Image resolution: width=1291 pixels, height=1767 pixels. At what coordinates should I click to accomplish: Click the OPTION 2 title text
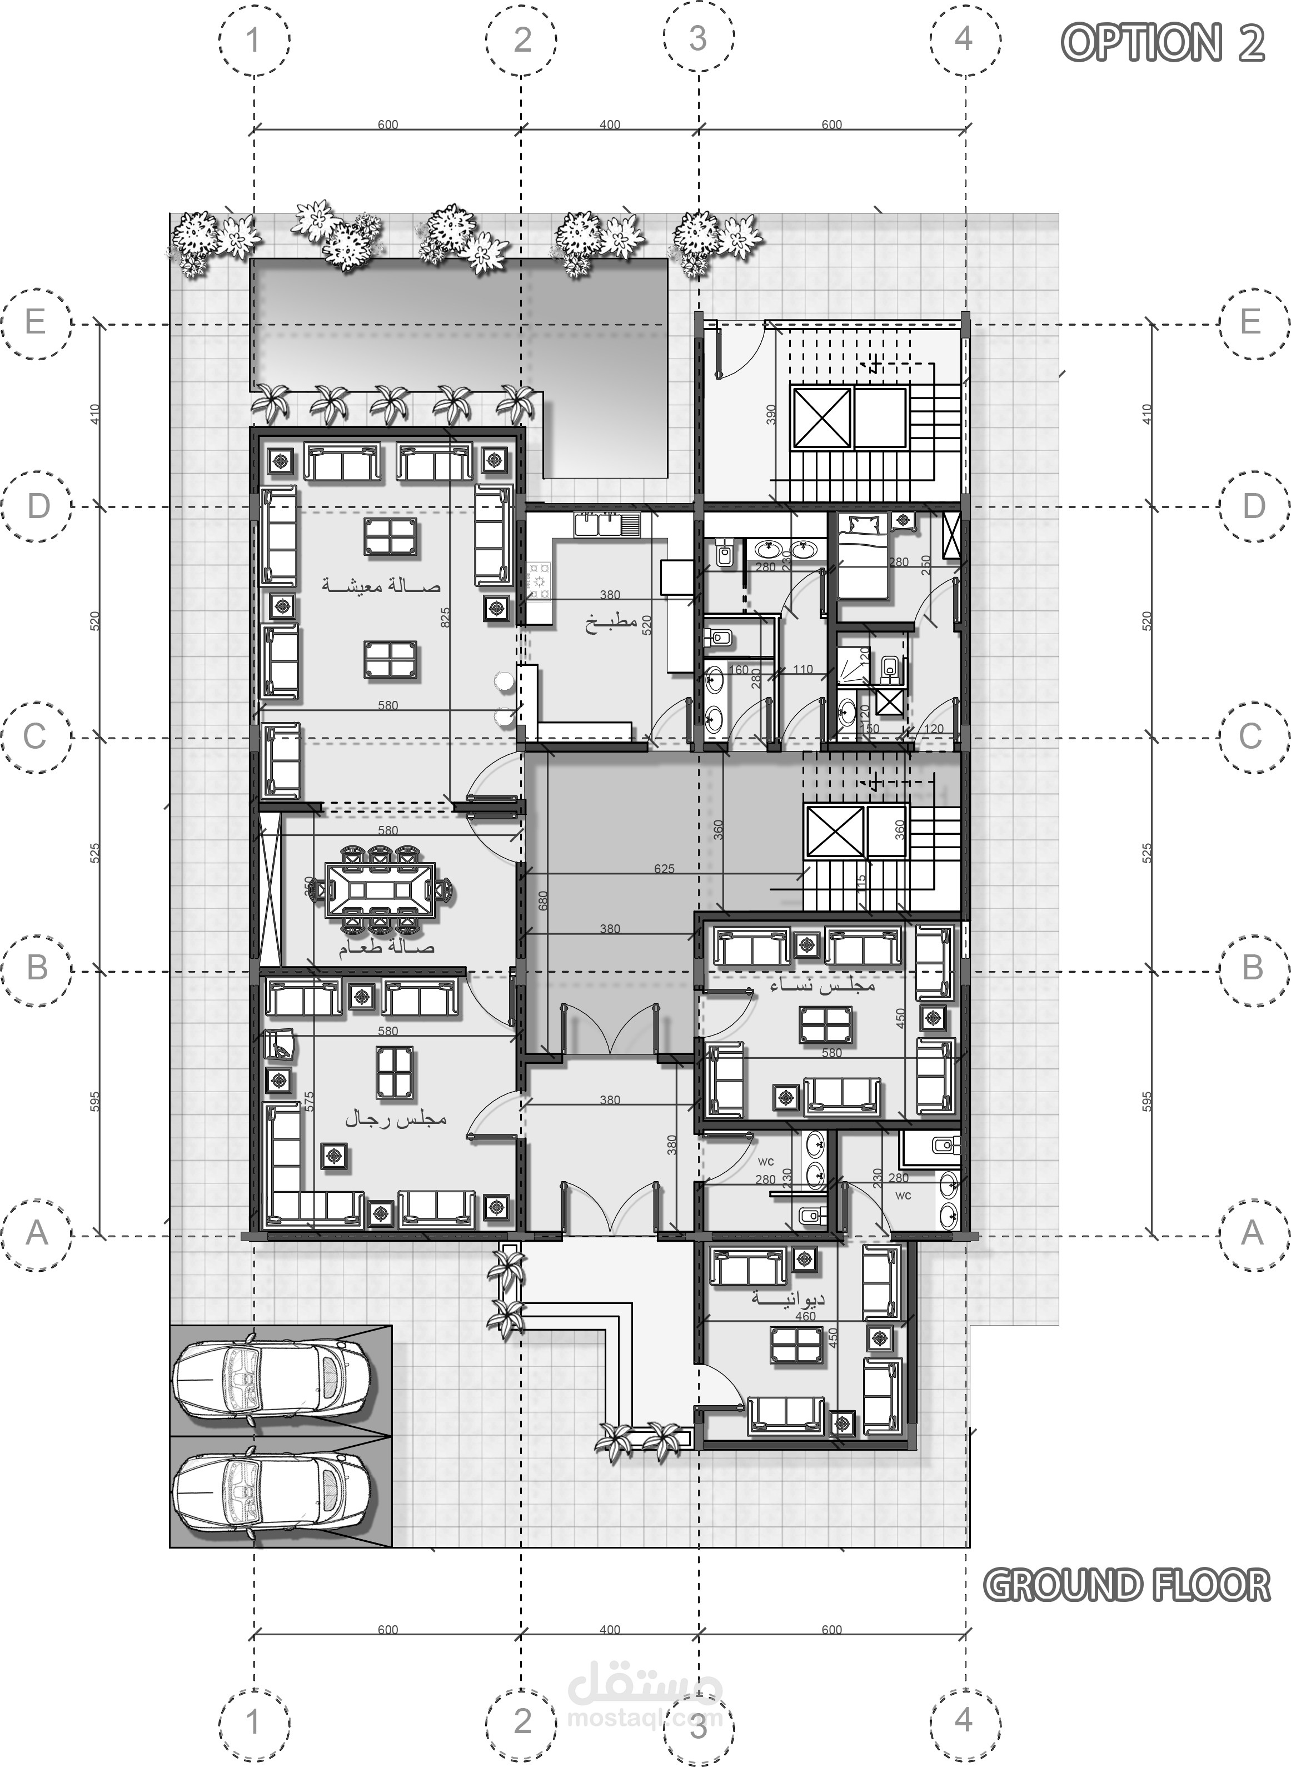(1163, 42)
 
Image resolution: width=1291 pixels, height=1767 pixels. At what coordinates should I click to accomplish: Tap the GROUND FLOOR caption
(1126, 1585)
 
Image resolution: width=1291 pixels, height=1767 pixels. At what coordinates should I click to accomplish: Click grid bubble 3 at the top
(698, 38)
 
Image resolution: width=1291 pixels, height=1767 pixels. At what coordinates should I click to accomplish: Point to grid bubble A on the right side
(1252, 1233)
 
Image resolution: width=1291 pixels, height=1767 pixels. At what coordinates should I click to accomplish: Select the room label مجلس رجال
(396, 1119)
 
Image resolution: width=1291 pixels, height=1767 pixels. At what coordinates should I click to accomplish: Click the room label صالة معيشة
(381, 585)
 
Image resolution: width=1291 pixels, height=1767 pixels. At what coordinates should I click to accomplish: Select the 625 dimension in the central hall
(664, 868)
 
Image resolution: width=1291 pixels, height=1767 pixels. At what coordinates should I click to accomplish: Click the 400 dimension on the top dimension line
(610, 125)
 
